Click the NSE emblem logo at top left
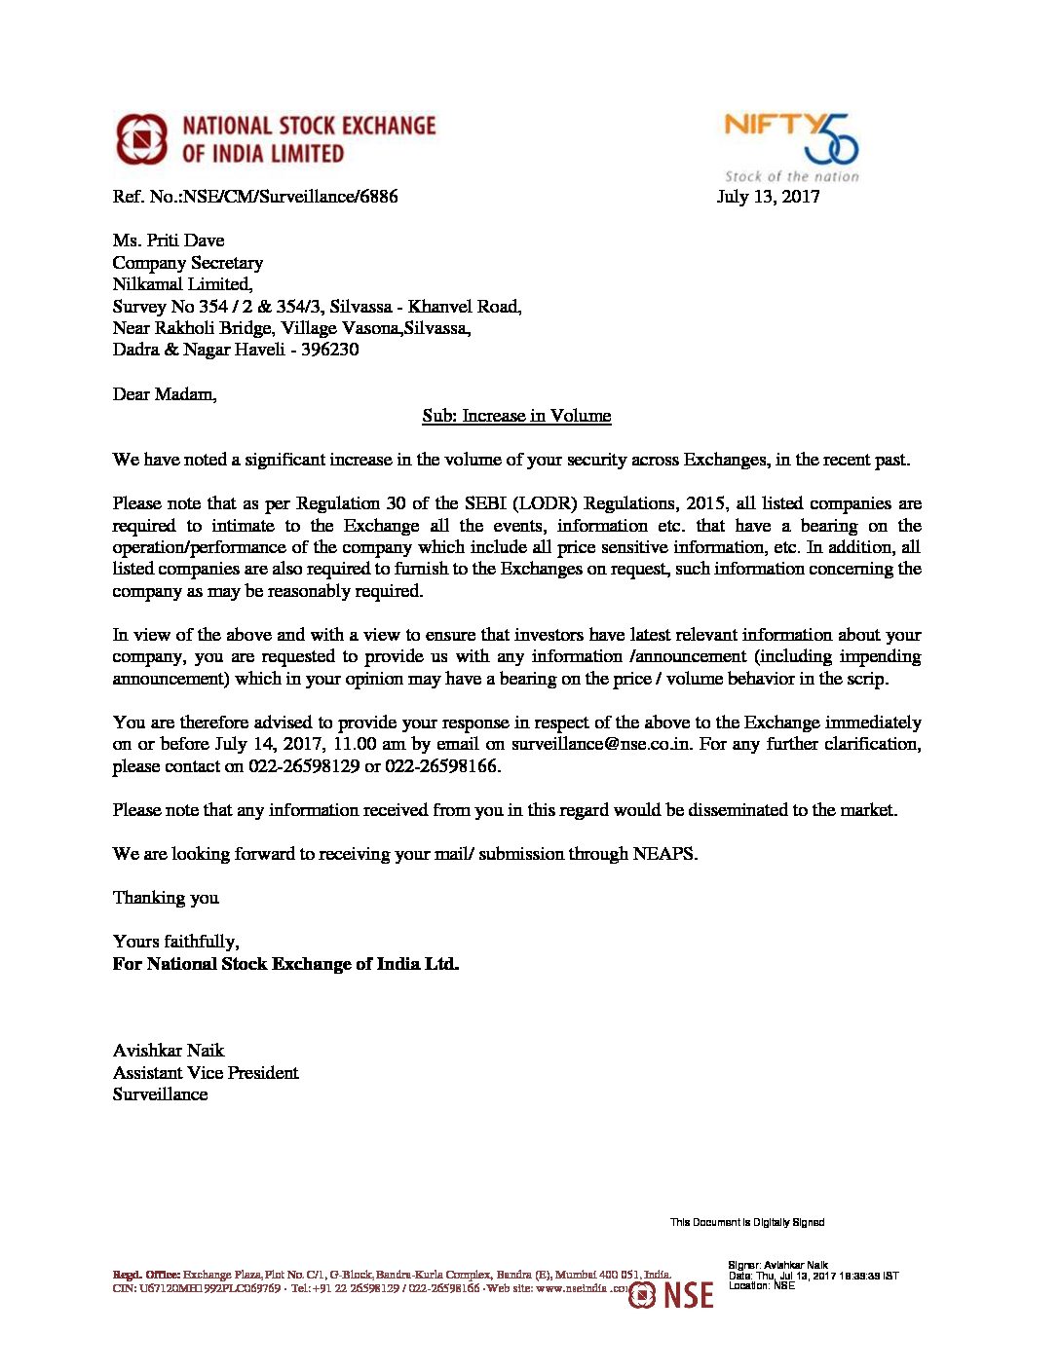[142, 139]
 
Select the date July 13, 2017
[768, 197]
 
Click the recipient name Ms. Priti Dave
[169, 241]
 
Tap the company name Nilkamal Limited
[182, 284]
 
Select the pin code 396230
[329, 350]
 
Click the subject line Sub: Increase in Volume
[516, 416]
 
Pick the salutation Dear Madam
[165, 394]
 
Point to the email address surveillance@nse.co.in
[602, 744]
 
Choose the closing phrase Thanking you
[166, 898]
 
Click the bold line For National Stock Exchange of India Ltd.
[285, 964]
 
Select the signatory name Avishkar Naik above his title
[169, 1051]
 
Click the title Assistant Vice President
[206, 1073]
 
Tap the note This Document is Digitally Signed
[746, 1222]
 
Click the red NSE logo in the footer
[671, 1294]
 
